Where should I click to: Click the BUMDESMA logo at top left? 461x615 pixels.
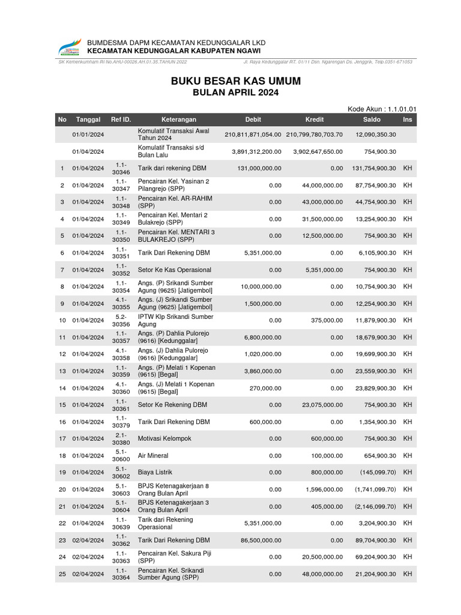70,47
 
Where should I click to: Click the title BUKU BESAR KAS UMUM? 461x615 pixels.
236,80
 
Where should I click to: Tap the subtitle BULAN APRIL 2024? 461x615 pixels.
235,93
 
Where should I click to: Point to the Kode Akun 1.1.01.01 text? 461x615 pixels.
382,109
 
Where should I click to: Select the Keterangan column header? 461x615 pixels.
178,120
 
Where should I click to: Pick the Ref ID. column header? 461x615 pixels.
121,120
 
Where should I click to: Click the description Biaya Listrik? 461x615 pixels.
157,472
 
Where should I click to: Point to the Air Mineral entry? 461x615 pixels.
153,455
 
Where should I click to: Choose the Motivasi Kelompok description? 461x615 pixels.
164,438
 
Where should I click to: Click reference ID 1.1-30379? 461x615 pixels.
121,422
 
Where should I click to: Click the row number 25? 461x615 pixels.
62,574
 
